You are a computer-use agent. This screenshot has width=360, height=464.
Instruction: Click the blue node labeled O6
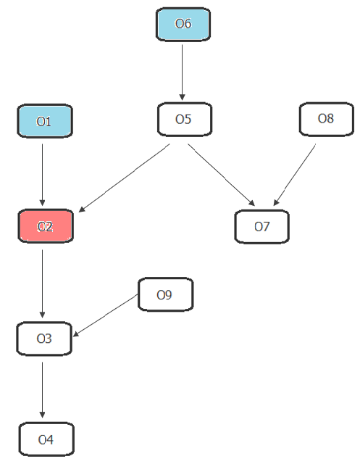183,24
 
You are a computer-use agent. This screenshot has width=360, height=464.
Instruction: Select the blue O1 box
45,121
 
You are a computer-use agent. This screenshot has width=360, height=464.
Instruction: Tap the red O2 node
46,226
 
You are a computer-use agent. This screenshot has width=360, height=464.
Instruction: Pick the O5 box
185,119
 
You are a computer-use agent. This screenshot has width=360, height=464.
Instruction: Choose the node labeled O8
326,119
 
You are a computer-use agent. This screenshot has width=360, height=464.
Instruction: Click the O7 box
262,227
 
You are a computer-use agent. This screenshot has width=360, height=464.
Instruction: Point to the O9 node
166,294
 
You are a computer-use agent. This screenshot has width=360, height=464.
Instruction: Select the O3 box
44,339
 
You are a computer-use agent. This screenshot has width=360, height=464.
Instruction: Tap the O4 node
46,439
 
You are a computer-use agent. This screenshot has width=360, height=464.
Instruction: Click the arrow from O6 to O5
182,72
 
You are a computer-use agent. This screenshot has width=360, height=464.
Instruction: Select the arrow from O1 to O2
42,175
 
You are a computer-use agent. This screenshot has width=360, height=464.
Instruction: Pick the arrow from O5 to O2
124,178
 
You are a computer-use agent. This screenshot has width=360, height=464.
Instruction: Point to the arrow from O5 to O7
222,175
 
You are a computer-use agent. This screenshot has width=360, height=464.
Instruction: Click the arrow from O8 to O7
294,175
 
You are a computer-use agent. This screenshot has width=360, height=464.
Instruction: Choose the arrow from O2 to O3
42,283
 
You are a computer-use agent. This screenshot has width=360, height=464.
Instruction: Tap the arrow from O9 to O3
105,315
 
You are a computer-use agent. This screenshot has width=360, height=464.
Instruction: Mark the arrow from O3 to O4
42,390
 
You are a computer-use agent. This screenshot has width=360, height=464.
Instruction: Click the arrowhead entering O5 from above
182,97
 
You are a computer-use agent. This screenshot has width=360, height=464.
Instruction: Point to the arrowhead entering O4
42,415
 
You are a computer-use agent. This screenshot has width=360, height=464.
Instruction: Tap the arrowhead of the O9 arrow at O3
76,333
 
